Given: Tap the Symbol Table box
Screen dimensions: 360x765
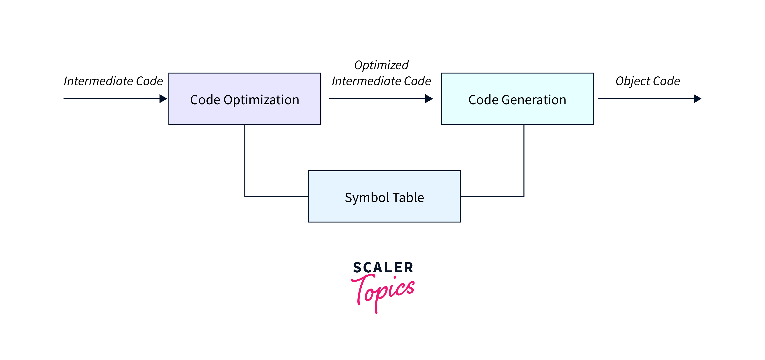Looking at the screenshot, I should point(384,211).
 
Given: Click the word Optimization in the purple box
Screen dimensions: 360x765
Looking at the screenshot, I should point(261,100).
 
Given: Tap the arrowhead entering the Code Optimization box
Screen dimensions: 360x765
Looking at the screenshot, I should point(163,98).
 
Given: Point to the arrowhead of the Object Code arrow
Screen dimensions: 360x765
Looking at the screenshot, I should point(697,98).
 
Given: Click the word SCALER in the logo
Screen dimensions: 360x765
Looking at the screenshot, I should point(383,267).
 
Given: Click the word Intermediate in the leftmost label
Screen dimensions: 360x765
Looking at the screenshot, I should point(98,81).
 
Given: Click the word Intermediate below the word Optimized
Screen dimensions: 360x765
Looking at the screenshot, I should point(366,81).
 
